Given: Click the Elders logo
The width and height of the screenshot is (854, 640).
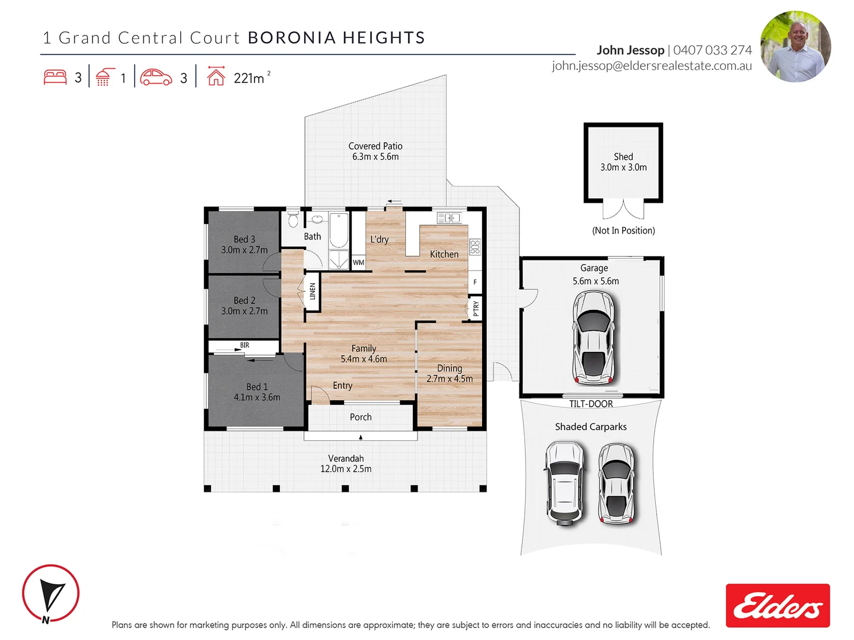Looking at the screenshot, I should tap(777, 605).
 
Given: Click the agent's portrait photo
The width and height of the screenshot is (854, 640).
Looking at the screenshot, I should tap(795, 46).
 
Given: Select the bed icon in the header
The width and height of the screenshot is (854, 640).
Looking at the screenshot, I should tap(55, 77).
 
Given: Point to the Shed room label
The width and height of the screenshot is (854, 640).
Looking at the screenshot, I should tap(623, 157).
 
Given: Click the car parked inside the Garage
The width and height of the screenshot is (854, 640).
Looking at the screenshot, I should tap(593, 337).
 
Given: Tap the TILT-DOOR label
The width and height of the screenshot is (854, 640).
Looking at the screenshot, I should tap(591, 404).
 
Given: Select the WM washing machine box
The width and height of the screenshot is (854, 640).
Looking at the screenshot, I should tap(358, 263).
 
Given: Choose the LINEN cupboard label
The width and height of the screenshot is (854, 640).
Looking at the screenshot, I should tap(313, 291).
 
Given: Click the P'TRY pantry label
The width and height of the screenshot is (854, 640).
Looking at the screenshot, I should tap(476, 308).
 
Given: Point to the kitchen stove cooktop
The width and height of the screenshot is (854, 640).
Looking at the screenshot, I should tap(474, 247).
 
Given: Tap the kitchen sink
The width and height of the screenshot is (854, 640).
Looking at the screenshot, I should tap(449, 218).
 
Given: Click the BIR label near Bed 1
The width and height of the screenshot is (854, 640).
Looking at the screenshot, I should tap(244, 345).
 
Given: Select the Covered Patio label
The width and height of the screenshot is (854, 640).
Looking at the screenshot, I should tap(375, 146).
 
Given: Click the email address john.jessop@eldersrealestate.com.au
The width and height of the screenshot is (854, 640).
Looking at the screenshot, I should tap(651, 66).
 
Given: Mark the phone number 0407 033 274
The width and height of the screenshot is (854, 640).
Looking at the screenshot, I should tap(712, 50).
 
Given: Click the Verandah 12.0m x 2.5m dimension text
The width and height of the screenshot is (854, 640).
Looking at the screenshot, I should tap(346, 469).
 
